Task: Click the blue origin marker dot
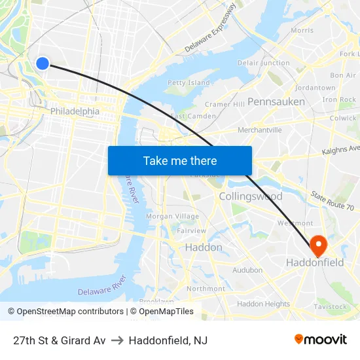point(43,63)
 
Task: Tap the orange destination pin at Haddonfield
point(319,245)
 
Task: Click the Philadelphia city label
point(75,111)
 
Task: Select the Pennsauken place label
point(276,101)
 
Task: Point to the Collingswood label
point(251,196)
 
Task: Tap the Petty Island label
point(189,83)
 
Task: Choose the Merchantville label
point(259,130)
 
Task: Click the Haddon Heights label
point(263,304)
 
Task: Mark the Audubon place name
point(247,270)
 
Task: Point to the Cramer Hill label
point(225,104)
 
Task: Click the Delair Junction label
point(264,63)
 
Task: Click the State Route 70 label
point(333,202)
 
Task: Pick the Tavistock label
point(331,306)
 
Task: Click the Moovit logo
point(320,339)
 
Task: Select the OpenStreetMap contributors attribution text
point(65,312)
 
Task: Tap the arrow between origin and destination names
point(117,340)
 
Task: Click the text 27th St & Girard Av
point(59,340)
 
